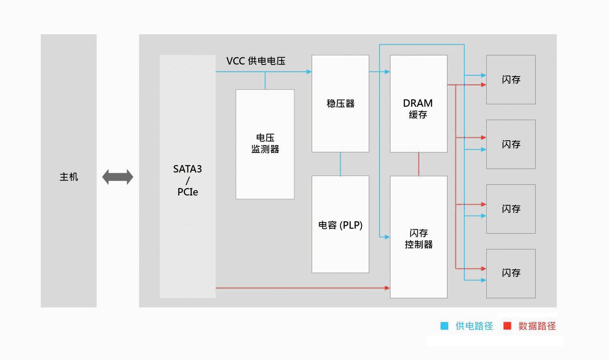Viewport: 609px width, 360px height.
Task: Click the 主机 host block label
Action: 69,177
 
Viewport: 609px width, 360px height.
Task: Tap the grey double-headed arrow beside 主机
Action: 118,177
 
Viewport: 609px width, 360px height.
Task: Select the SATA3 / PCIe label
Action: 188,180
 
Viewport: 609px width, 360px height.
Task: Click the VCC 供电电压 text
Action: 256,61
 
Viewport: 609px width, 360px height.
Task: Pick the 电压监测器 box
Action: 265,144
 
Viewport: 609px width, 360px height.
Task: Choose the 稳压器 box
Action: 340,103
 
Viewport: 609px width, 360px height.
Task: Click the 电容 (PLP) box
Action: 340,224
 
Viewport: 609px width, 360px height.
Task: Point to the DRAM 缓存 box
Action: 419,103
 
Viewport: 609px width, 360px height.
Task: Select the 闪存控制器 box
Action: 419,237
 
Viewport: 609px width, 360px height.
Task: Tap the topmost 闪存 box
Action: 511,79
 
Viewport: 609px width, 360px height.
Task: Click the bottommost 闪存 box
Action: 511,273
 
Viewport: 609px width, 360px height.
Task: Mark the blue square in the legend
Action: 444,326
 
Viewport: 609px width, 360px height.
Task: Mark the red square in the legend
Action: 507,326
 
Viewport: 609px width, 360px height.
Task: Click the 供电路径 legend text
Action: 474,326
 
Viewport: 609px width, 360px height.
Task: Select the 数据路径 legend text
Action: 537,326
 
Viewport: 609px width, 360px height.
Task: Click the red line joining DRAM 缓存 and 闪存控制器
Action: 419,164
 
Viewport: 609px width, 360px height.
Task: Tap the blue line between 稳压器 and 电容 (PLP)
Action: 340,164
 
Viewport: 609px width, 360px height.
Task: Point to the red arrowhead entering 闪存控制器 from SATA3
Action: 387,288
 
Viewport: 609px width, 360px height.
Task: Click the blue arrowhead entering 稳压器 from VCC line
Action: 309,72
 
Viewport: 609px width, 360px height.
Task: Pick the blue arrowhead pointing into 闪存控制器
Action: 387,237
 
